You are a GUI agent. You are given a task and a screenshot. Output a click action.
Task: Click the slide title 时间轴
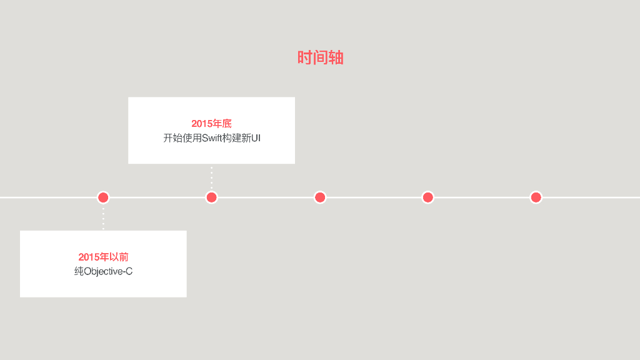(x=320, y=57)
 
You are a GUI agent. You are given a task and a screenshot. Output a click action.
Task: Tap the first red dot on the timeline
(x=104, y=197)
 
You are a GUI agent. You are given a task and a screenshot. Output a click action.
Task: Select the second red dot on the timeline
(x=212, y=197)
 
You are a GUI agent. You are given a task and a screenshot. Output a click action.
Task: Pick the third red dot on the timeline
(x=320, y=197)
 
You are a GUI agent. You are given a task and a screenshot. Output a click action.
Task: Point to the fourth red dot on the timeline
(x=428, y=197)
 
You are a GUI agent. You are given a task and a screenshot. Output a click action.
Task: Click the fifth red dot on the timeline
(x=536, y=197)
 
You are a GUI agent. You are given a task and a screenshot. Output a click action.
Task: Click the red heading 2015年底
(x=211, y=124)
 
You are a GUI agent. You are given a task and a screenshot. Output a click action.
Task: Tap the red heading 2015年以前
(x=103, y=257)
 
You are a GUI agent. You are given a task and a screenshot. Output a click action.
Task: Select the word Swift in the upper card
(x=212, y=138)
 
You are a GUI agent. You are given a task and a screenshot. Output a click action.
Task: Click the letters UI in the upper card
(x=256, y=138)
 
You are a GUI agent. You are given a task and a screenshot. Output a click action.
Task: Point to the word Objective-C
(x=108, y=272)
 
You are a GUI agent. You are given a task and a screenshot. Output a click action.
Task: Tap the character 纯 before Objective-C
(x=79, y=272)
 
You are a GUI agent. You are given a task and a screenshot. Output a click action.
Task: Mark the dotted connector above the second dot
(x=212, y=177)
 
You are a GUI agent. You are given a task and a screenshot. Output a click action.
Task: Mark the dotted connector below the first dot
(x=104, y=217)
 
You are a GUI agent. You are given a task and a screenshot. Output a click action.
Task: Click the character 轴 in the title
(x=336, y=57)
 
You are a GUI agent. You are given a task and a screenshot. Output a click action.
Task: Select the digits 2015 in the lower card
(x=89, y=257)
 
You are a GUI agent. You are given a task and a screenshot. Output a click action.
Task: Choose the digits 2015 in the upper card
(x=202, y=124)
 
